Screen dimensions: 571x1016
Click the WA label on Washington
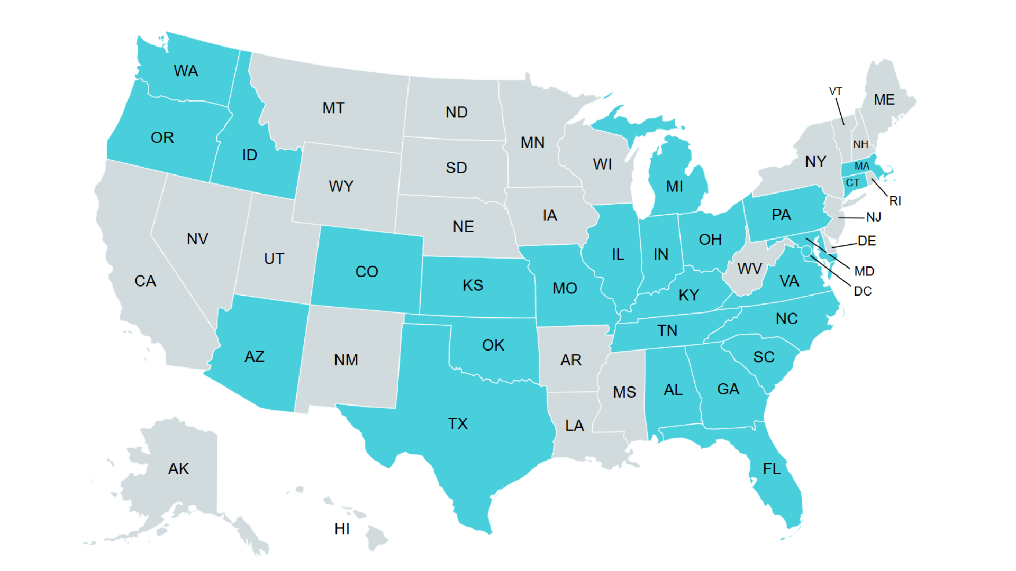click(186, 71)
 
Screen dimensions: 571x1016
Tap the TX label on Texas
click(458, 423)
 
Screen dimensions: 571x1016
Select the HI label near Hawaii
click(342, 529)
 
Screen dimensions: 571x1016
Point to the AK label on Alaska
click(178, 468)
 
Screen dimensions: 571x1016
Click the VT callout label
click(835, 91)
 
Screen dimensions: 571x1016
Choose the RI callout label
click(895, 201)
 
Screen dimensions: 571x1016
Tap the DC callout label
click(863, 291)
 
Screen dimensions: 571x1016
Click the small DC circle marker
click(806, 251)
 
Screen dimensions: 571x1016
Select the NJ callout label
click(873, 217)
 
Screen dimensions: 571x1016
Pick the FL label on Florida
click(772, 468)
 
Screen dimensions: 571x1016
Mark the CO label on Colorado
click(366, 271)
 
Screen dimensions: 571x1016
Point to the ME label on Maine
click(884, 99)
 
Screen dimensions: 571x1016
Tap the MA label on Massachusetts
click(862, 166)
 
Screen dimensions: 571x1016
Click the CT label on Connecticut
click(852, 182)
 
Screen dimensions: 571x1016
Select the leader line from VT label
click(840, 111)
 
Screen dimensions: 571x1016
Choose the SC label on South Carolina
click(764, 357)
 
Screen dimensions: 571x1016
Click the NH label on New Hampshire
click(860, 144)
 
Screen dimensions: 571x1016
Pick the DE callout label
click(867, 241)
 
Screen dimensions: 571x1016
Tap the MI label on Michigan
click(674, 186)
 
